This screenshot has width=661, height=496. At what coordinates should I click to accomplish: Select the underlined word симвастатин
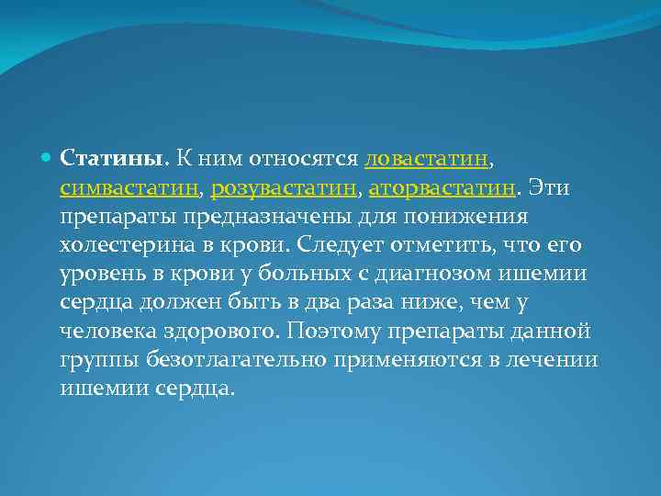tap(129, 189)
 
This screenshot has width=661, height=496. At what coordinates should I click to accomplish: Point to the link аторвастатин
tap(442, 189)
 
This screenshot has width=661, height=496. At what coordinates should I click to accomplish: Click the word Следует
tap(337, 246)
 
